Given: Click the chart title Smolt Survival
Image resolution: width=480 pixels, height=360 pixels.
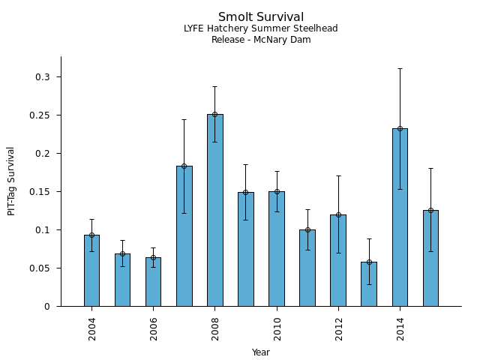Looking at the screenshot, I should click(261, 17).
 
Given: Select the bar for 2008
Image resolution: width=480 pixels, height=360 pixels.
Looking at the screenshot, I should click(215, 210).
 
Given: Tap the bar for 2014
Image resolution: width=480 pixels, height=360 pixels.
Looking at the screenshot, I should click(400, 217).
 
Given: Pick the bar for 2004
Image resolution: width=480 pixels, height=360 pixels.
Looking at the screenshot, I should click(91, 270).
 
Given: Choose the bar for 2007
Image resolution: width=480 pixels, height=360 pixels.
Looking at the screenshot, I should click(184, 236).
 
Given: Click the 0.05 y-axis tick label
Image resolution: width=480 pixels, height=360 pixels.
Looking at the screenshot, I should click(43, 268).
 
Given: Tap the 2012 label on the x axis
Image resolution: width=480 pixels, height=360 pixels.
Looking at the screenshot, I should click(339, 328).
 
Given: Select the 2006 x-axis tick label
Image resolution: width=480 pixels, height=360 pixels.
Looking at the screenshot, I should click(154, 328).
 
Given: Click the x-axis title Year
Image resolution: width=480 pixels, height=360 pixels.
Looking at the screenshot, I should click(261, 352).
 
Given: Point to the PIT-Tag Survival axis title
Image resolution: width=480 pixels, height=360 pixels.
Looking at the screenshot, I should click(12, 181).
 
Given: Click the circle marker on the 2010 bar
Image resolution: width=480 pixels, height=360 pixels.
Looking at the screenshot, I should click(277, 191).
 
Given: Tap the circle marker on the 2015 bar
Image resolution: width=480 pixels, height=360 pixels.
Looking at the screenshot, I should click(430, 211).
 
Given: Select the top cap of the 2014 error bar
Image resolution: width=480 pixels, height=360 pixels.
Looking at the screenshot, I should click(400, 69).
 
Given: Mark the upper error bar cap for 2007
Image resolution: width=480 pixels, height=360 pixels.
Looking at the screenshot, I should click(184, 120).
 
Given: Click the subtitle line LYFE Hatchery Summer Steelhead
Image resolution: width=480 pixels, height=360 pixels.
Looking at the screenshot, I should click(261, 28).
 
